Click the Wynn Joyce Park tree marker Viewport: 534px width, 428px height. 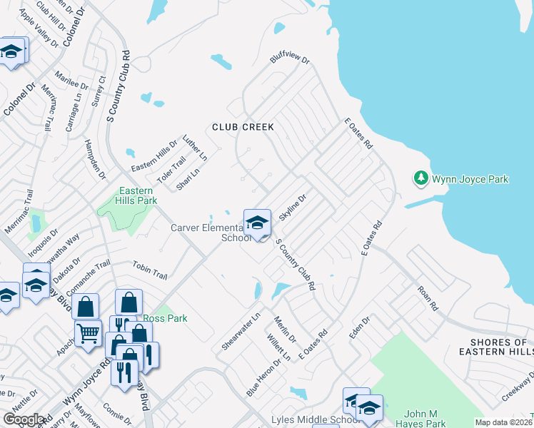click(x=421, y=178)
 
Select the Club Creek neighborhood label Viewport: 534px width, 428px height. click(x=243, y=127)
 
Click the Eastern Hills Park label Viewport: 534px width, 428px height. click(x=136, y=195)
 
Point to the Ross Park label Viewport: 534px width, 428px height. click(x=165, y=318)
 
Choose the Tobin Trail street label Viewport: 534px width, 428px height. click(x=149, y=270)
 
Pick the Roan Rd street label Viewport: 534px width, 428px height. click(x=427, y=298)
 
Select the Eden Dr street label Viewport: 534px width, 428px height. click(x=358, y=326)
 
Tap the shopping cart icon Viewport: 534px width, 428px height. click(x=88, y=332)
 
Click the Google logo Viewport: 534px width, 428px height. click(x=24, y=419)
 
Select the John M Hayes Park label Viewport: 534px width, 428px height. click(x=425, y=419)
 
